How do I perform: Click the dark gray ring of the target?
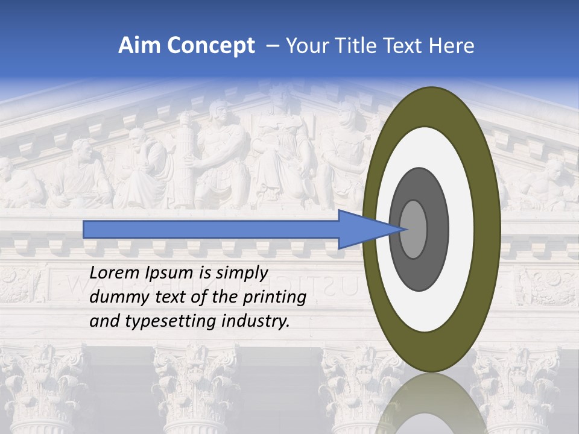(x=419, y=271)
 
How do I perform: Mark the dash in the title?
(x=273, y=46)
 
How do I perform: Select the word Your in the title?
(x=305, y=46)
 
